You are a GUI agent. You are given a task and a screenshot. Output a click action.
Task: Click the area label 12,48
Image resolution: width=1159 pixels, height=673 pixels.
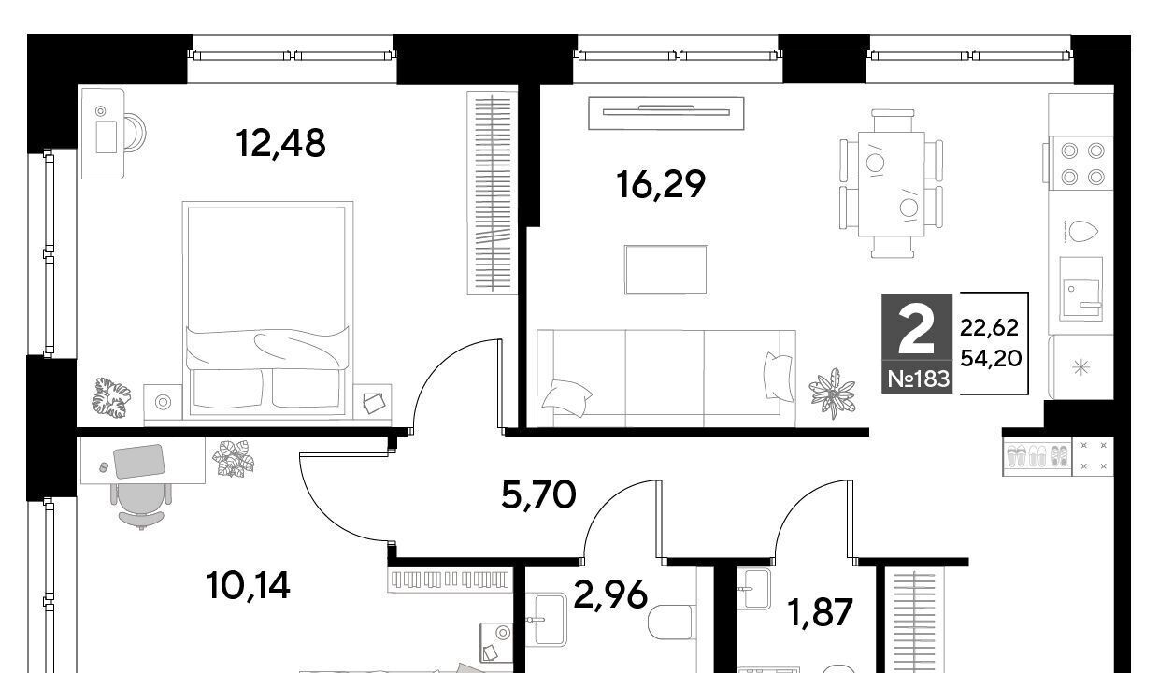pos(281,143)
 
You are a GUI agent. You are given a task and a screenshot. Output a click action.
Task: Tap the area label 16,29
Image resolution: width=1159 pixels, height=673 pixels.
pos(661,185)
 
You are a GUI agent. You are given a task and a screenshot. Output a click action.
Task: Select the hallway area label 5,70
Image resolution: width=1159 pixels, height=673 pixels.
pos(538,495)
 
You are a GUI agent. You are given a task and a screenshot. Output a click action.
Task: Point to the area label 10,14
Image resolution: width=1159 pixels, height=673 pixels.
pos(248,585)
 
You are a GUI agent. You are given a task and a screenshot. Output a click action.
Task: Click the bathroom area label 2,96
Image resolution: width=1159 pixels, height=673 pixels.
pos(610,594)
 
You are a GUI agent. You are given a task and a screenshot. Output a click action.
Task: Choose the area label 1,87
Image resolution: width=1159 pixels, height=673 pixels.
pos(820,612)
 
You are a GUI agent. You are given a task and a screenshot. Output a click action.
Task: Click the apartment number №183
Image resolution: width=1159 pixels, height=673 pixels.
pos(919,379)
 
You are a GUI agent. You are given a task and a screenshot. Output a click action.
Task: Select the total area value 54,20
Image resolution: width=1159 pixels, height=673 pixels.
pos(991,358)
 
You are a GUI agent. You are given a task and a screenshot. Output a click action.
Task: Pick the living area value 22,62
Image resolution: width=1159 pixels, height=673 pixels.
pos(989,327)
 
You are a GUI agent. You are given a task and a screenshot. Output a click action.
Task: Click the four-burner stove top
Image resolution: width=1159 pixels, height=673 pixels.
pos(1082,164)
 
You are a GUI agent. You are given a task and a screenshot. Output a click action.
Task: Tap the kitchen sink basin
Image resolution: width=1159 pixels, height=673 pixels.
pos(1080,300)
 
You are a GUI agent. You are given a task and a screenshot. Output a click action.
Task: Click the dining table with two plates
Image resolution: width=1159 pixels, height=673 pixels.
pos(892,184)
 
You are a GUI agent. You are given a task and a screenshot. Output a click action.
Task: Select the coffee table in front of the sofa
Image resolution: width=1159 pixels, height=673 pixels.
pos(665,269)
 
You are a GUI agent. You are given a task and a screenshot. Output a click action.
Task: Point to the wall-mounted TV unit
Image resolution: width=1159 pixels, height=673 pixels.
pos(665,113)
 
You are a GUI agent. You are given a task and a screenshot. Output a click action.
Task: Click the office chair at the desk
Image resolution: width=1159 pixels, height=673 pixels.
pos(141,506)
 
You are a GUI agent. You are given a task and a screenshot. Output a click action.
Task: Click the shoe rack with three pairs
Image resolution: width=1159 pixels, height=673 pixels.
pos(1037,456)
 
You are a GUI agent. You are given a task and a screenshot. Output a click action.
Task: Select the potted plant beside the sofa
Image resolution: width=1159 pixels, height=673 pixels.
pos(833,393)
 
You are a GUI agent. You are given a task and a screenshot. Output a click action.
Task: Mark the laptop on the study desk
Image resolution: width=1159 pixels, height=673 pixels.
pos(138,461)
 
